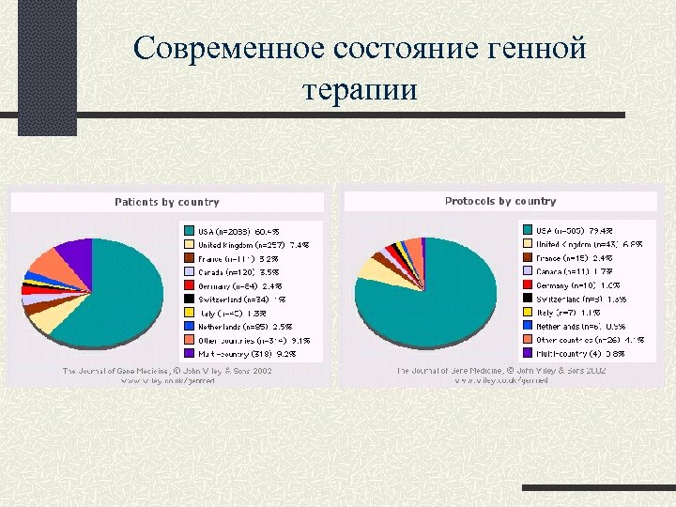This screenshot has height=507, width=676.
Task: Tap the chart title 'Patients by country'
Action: (167, 202)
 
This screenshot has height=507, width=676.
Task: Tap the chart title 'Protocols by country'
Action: (500, 201)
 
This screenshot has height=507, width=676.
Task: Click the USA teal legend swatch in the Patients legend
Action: (189, 231)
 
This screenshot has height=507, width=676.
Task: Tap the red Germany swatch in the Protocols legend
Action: (527, 284)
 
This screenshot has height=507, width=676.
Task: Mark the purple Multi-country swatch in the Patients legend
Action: (189, 353)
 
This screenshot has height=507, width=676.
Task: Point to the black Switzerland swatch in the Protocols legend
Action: (527, 299)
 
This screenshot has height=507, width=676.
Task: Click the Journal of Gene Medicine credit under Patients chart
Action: (167, 372)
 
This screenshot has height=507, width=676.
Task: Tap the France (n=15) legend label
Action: (562, 258)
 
